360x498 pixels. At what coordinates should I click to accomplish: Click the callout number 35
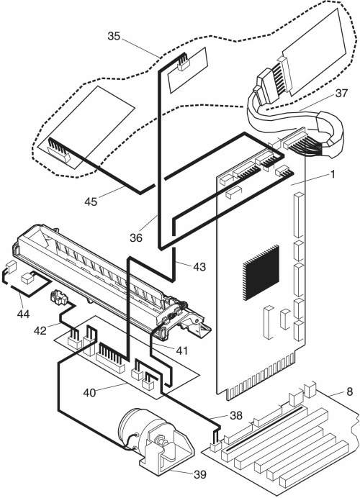point(114,36)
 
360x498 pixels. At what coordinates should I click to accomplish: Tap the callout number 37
point(341,93)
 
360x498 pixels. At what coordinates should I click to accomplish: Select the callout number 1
point(333,174)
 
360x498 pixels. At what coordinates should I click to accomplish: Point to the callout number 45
point(91,202)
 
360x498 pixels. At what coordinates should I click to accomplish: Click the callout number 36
point(136,237)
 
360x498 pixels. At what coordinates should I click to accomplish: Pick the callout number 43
point(199,266)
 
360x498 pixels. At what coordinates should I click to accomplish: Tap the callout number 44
point(23,314)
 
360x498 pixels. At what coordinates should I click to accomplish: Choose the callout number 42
point(40,330)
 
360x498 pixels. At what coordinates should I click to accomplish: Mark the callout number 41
point(181,350)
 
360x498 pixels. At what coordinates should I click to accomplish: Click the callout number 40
point(89,392)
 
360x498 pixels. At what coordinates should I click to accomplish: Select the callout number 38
point(235,415)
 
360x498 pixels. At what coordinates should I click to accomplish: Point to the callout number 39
point(200,474)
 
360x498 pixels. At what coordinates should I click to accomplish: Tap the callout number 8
point(349,391)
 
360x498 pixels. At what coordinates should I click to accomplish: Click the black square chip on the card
point(261,272)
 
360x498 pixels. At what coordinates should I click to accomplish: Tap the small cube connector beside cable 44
point(27,279)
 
